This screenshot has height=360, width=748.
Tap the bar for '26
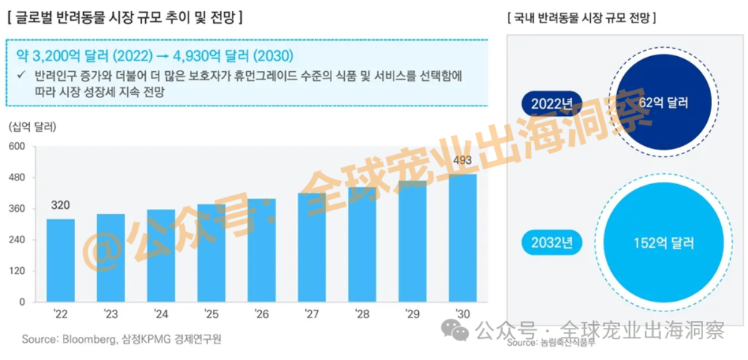click(261, 250)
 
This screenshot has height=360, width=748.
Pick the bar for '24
click(161, 255)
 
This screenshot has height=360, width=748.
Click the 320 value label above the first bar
click(61, 205)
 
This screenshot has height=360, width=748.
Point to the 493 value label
click(462, 161)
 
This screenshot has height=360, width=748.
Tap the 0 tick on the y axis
click(22, 302)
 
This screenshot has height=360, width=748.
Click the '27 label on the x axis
click(311, 315)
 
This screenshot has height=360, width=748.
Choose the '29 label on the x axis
click(411, 315)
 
